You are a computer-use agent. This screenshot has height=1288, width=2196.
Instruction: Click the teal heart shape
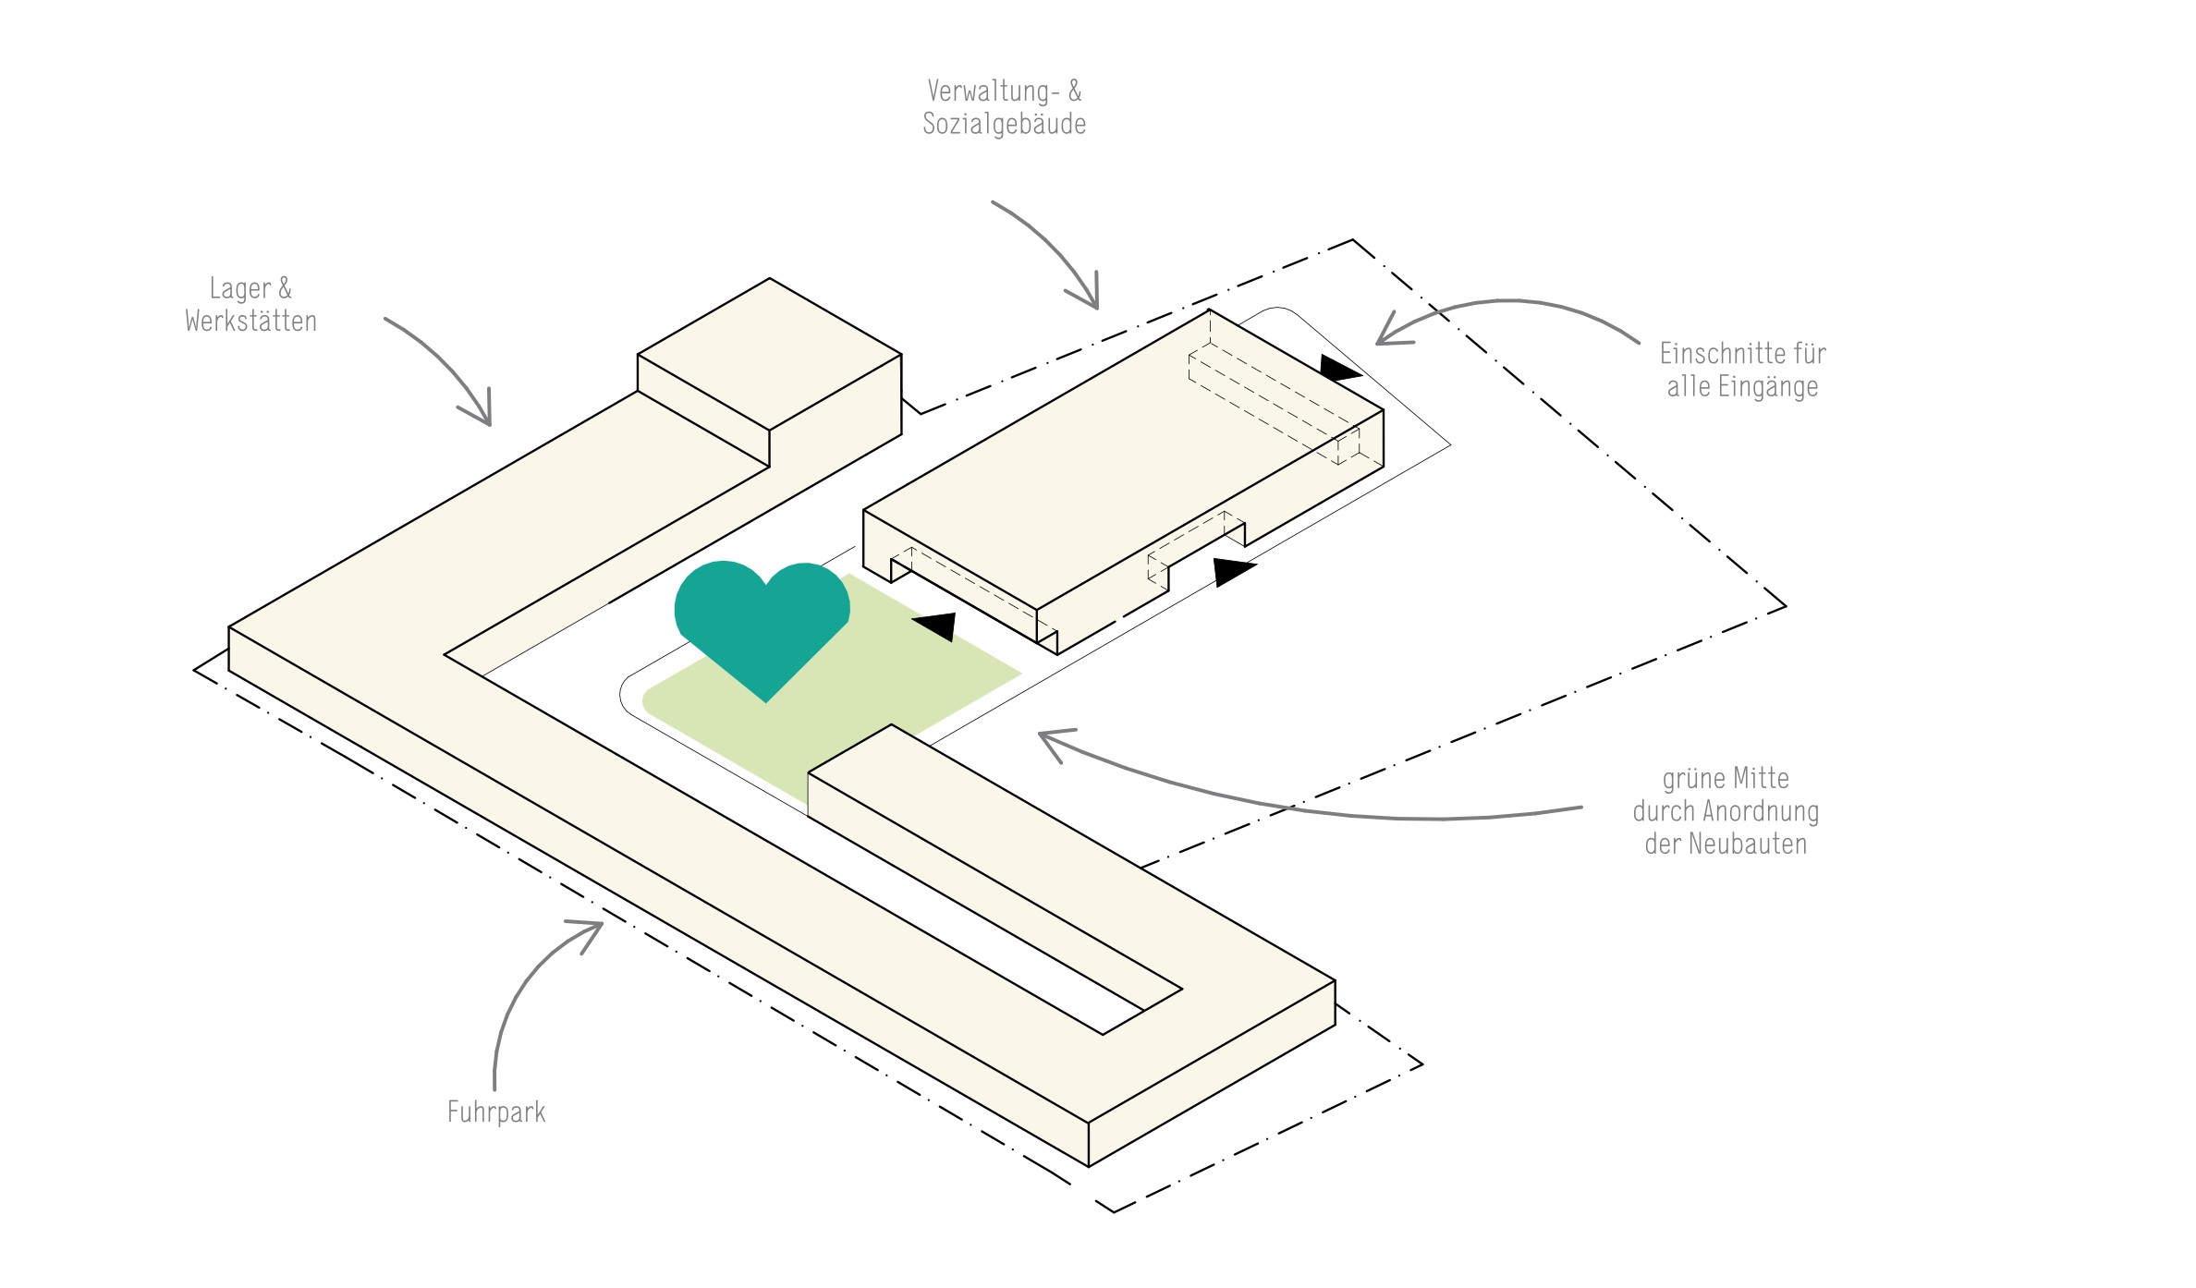762,621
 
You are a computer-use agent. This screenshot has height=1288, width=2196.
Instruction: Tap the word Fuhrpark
496,1112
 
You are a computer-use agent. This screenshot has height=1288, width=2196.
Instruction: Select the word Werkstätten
250,322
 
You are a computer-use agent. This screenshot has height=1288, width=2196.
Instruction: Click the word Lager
239,288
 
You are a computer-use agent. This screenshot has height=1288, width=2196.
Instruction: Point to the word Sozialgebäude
1004,124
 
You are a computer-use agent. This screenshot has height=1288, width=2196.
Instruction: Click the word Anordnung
1761,811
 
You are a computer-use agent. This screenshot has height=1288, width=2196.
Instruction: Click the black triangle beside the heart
938,626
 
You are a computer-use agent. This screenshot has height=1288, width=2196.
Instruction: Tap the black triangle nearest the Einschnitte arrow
1337,369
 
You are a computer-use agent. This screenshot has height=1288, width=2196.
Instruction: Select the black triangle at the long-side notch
1231,571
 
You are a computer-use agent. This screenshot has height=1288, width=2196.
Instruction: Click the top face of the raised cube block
769,353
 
